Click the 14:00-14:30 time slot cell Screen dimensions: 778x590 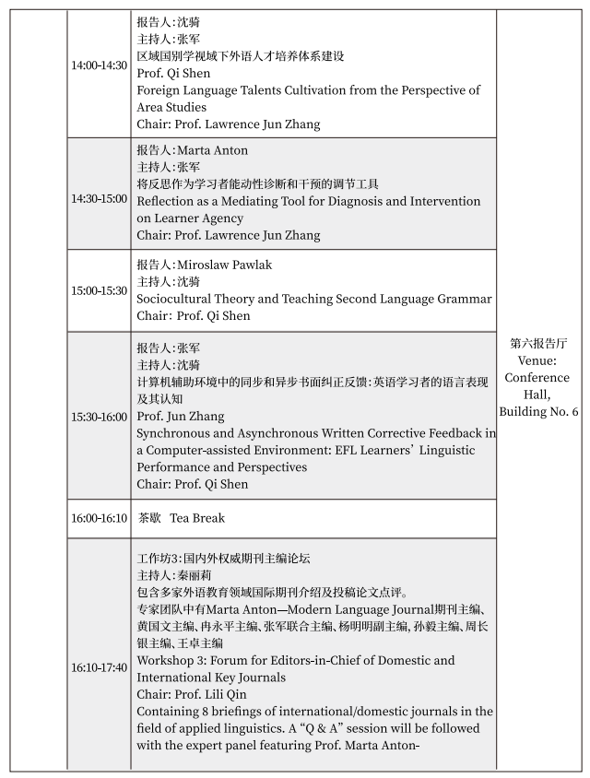(100, 65)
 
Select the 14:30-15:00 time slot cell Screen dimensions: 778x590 (100, 198)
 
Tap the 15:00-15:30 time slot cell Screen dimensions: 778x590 (100, 290)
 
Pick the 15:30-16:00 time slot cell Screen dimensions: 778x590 (100, 417)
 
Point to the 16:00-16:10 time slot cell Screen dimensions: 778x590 (100, 518)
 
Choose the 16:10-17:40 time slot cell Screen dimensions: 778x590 (100, 667)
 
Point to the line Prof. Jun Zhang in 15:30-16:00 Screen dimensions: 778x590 (179, 417)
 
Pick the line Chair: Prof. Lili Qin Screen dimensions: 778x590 (194, 694)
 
